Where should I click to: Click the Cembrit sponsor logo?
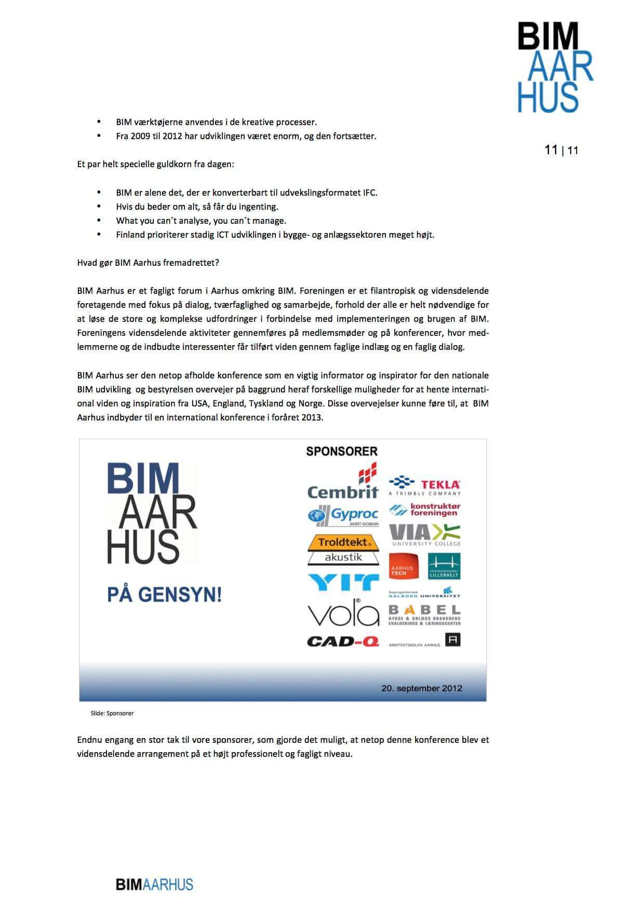tap(343, 483)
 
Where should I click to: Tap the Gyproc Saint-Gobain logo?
tap(343, 515)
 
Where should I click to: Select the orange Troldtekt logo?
tap(343, 542)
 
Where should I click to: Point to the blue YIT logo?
tap(343, 582)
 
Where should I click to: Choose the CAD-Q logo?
tap(343, 642)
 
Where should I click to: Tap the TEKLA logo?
tap(425, 485)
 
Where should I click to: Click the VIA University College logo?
tap(425, 535)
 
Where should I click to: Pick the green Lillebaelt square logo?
tap(444, 566)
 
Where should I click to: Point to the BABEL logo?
tap(425, 614)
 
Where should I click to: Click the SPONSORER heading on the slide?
tap(342, 451)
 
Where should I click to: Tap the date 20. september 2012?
tap(422, 688)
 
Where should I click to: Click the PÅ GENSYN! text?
tap(164, 595)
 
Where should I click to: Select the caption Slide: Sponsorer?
tap(112, 713)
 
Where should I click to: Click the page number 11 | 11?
tap(561, 151)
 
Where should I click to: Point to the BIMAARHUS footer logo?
tap(154, 884)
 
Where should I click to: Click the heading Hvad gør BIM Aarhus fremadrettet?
tap(148, 263)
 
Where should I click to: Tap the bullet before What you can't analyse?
tap(99, 221)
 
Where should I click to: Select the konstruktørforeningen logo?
tap(425, 510)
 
